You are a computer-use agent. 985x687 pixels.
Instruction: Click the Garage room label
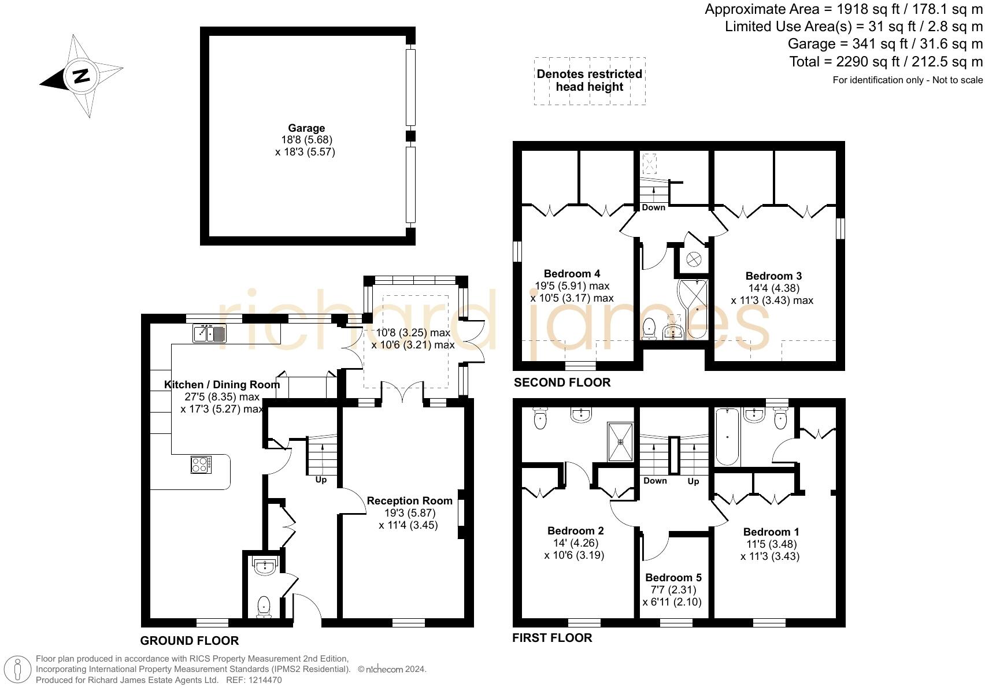[x=306, y=128]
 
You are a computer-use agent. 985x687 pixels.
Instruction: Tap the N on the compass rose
[x=81, y=76]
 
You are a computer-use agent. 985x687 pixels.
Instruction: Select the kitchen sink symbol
[x=210, y=333]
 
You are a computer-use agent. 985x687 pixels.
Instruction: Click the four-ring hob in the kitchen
[x=201, y=465]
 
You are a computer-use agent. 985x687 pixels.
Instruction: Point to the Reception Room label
[x=409, y=501]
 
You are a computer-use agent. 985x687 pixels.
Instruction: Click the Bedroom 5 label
[x=673, y=577]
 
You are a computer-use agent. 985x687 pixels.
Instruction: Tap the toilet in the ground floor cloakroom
[x=264, y=606]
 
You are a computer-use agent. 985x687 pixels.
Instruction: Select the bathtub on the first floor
[x=727, y=437]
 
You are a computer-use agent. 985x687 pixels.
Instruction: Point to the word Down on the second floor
[x=653, y=207]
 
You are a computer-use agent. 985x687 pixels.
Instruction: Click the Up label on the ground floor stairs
[x=321, y=480]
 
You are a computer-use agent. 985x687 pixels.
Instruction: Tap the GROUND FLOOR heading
[x=190, y=640]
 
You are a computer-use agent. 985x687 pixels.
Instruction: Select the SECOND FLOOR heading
[x=562, y=382]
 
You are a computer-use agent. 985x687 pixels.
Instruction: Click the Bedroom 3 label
[x=773, y=276]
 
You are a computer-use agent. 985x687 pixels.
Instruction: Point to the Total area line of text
[x=886, y=61]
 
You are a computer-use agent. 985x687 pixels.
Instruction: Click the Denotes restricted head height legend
[x=589, y=80]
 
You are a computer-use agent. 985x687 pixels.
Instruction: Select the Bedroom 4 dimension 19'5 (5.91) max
[x=572, y=285]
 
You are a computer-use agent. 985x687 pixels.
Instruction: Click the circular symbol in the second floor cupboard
[x=694, y=259]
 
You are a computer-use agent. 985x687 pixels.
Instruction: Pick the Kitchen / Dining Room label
[x=222, y=384]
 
